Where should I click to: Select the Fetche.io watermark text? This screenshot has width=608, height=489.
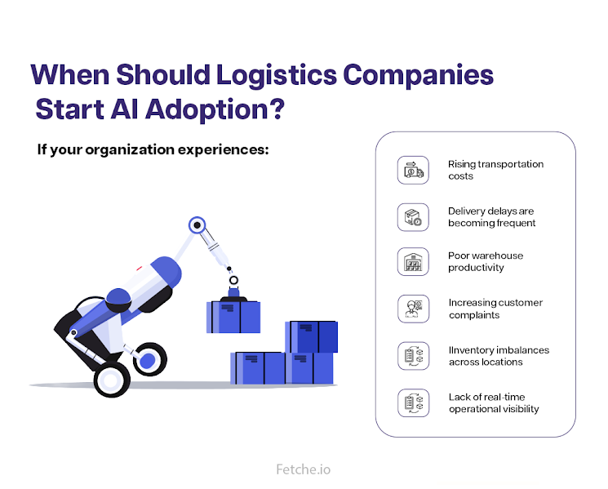coord(304,469)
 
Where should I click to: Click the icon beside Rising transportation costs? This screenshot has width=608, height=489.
coord(412,170)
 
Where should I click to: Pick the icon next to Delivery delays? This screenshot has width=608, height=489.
coord(412,216)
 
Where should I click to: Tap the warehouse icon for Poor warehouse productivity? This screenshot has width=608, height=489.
coord(412,262)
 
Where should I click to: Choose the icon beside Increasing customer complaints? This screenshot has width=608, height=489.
coord(412,309)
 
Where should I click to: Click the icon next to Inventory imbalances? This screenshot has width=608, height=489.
coord(412,355)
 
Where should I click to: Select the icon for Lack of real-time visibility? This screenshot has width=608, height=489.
coord(412,402)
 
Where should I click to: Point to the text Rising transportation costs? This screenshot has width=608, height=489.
coord(495,170)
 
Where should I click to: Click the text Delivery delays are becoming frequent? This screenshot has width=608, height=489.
coord(492,216)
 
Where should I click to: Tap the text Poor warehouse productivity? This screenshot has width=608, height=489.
coord(486,262)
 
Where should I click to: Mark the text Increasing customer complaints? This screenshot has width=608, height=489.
coord(495,309)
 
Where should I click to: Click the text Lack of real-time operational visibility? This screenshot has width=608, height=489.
coord(494,402)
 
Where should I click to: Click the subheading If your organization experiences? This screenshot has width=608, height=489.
coord(153,150)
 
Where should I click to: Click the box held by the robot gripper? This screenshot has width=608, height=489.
coord(233,317)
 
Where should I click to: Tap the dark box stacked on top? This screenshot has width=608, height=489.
coord(311,336)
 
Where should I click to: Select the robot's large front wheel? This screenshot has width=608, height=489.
coord(110,379)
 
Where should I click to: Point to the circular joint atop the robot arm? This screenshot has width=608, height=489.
coord(196,224)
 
